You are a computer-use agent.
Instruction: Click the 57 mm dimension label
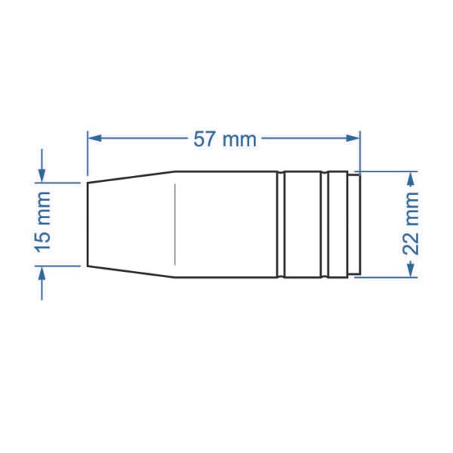click(225, 139)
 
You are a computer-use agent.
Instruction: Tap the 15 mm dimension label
click(43, 222)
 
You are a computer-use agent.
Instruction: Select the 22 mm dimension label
click(410, 223)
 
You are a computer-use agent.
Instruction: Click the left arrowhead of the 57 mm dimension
click(94, 138)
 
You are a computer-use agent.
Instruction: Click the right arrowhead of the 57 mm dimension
click(353, 138)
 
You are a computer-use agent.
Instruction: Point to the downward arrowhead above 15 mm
click(42, 176)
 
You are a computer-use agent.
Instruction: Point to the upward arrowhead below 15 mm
click(42, 273)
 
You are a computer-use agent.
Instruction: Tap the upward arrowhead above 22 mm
click(411, 178)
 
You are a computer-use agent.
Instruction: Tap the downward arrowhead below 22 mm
click(411, 270)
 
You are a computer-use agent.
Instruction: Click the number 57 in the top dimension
click(205, 139)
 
